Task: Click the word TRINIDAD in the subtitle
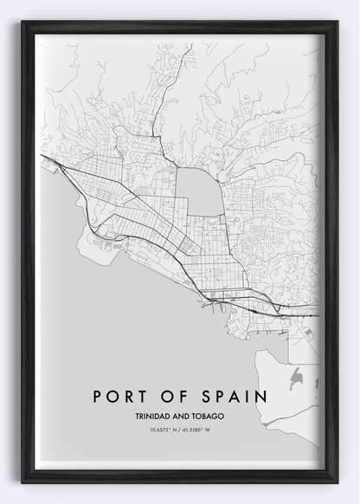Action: click(x=154, y=416)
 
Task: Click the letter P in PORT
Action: click(x=96, y=397)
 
